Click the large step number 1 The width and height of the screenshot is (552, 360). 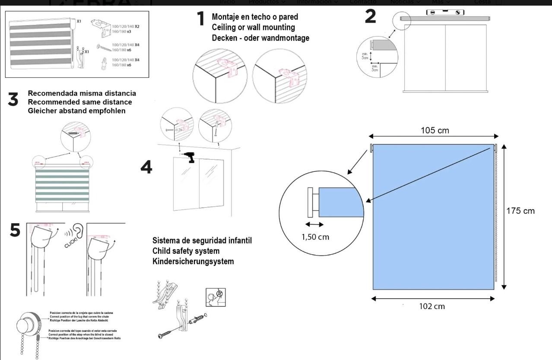tap(201, 19)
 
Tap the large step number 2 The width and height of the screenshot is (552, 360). tap(370, 16)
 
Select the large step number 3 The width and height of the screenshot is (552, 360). tap(13, 100)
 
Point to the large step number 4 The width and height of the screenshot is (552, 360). tap(146, 167)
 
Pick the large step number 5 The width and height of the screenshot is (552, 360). tap(15, 230)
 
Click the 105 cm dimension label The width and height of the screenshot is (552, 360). tap(435, 130)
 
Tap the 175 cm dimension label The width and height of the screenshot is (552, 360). tap(520, 211)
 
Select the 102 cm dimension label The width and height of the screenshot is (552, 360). tap(432, 306)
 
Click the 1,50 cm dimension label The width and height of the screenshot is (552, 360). tap(315, 237)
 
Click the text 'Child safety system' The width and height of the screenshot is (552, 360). tap(186, 251)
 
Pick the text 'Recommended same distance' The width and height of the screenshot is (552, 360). tap(80, 102)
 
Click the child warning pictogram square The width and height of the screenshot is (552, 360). tap(216, 297)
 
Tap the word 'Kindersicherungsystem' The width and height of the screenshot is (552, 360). tap(193, 261)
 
